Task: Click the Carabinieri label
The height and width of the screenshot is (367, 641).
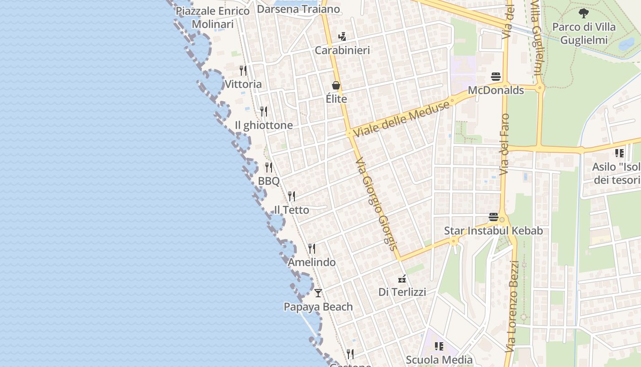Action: tap(342, 50)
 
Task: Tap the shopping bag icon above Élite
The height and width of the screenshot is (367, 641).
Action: tap(336, 85)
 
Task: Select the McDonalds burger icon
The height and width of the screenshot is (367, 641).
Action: tap(496, 76)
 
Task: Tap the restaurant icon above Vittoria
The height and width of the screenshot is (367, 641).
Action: tap(243, 70)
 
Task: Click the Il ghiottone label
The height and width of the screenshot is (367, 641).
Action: tap(264, 125)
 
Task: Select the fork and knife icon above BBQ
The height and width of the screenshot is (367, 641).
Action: tap(269, 167)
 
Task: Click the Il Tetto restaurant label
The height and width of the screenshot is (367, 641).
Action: tap(291, 210)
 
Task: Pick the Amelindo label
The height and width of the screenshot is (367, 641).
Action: tap(311, 262)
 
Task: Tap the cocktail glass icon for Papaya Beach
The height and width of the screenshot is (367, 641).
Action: tap(318, 293)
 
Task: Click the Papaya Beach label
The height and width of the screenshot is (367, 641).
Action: tap(318, 307)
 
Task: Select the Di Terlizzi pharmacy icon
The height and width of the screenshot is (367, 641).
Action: tap(402, 278)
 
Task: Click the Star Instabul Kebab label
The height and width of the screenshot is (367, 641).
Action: tap(494, 231)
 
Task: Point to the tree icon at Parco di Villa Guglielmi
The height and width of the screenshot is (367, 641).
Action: tap(583, 13)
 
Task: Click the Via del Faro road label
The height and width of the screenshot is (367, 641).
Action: tap(505, 144)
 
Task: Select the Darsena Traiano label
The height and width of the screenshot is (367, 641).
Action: tap(298, 9)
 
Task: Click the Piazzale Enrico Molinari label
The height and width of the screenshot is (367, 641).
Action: tap(212, 17)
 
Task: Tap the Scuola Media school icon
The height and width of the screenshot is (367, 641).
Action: tap(439, 346)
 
